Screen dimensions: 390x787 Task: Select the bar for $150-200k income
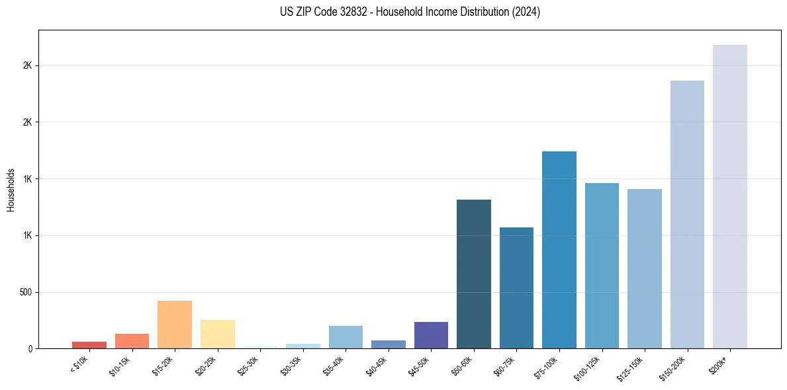point(687,214)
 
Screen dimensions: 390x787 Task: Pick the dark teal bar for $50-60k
point(473,274)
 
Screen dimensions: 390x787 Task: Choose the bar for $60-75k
point(516,288)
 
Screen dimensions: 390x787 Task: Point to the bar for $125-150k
point(644,268)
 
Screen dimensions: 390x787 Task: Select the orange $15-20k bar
point(175,325)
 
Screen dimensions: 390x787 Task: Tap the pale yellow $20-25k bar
point(217,334)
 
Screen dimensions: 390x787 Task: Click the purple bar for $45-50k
point(431,335)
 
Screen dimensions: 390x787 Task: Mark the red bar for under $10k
point(89,345)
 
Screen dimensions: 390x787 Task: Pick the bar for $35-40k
point(346,337)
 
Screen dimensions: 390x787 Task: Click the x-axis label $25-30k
point(248,366)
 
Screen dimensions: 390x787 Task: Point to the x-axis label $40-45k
point(376,366)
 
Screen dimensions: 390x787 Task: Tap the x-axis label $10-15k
point(119,366)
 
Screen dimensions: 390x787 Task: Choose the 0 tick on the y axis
point(30,348)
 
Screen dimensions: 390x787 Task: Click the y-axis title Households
point(11,189)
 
